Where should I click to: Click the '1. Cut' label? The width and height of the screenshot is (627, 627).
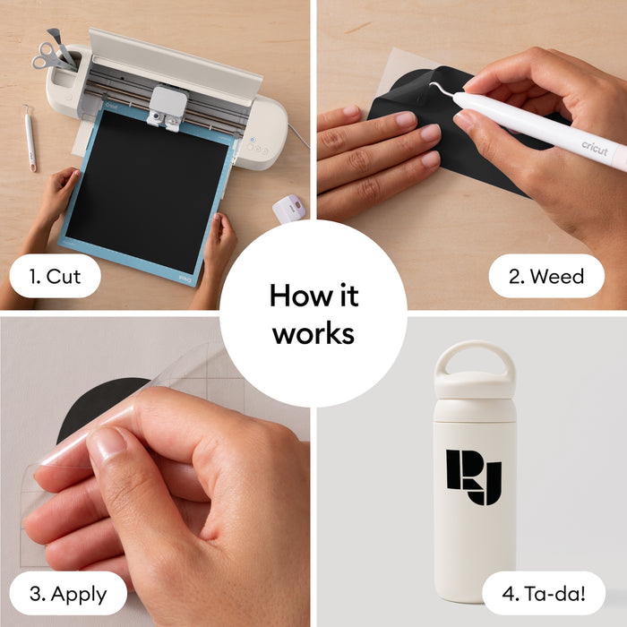coord(55,276)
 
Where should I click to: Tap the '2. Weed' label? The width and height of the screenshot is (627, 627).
coord(546,276)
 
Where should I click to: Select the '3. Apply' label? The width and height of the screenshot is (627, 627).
coord(68,594)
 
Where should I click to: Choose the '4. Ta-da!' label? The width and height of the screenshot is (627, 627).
coord(544,594)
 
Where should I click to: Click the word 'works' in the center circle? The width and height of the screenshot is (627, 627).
coord(313,333)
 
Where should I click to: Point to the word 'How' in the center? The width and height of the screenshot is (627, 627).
coord(298,296)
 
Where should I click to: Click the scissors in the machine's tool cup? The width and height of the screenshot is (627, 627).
coord(48,56)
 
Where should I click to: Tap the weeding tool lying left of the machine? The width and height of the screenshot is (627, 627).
coord(30,138)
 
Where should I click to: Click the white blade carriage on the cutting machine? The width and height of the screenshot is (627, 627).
coord(167,106)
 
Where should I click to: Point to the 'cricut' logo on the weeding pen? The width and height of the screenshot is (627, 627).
coord(594,148)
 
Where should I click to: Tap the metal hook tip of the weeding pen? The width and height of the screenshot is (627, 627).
coord(432,84)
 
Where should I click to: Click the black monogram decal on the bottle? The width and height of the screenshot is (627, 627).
coord(474,477)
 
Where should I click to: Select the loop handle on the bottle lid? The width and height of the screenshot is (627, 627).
coord(474,358)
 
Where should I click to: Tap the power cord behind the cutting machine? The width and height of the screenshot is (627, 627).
coord(298,135)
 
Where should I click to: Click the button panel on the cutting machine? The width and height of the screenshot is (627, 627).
coord(257,148)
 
